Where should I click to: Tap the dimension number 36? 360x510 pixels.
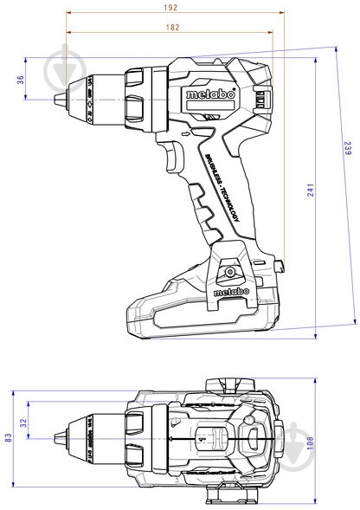(20, 81)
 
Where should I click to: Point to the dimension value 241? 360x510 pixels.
(310, 197)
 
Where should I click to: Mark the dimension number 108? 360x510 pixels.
(310, 442)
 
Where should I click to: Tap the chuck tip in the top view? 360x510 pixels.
(59, 436)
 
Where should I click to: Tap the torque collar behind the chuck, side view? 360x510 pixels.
(138, 96)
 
